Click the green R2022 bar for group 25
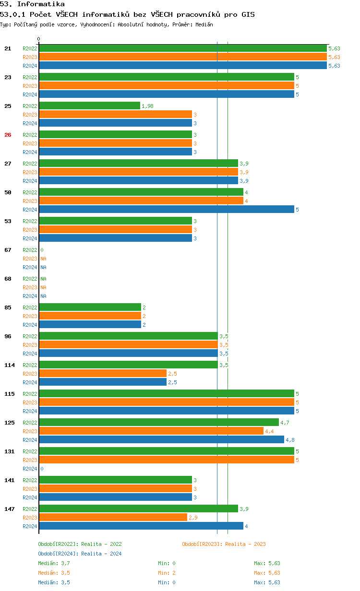point(89,106)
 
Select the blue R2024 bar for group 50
point(167,210)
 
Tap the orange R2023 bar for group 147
point(113,518)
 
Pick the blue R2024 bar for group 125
point(162,440)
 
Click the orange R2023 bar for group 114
point(103,374)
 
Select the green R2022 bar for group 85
point(90,307)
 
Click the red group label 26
point(8,135)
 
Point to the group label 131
point(10,451)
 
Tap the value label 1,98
point(147,106)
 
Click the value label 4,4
point(269,431)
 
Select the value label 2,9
point(193,518)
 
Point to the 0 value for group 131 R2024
point(42,469)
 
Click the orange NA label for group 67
point(43,259)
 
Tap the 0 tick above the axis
point(38,39)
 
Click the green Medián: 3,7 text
point(54,563)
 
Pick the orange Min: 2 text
point(167,573)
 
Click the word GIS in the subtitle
point(248,14)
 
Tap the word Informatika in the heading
point(41,4)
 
